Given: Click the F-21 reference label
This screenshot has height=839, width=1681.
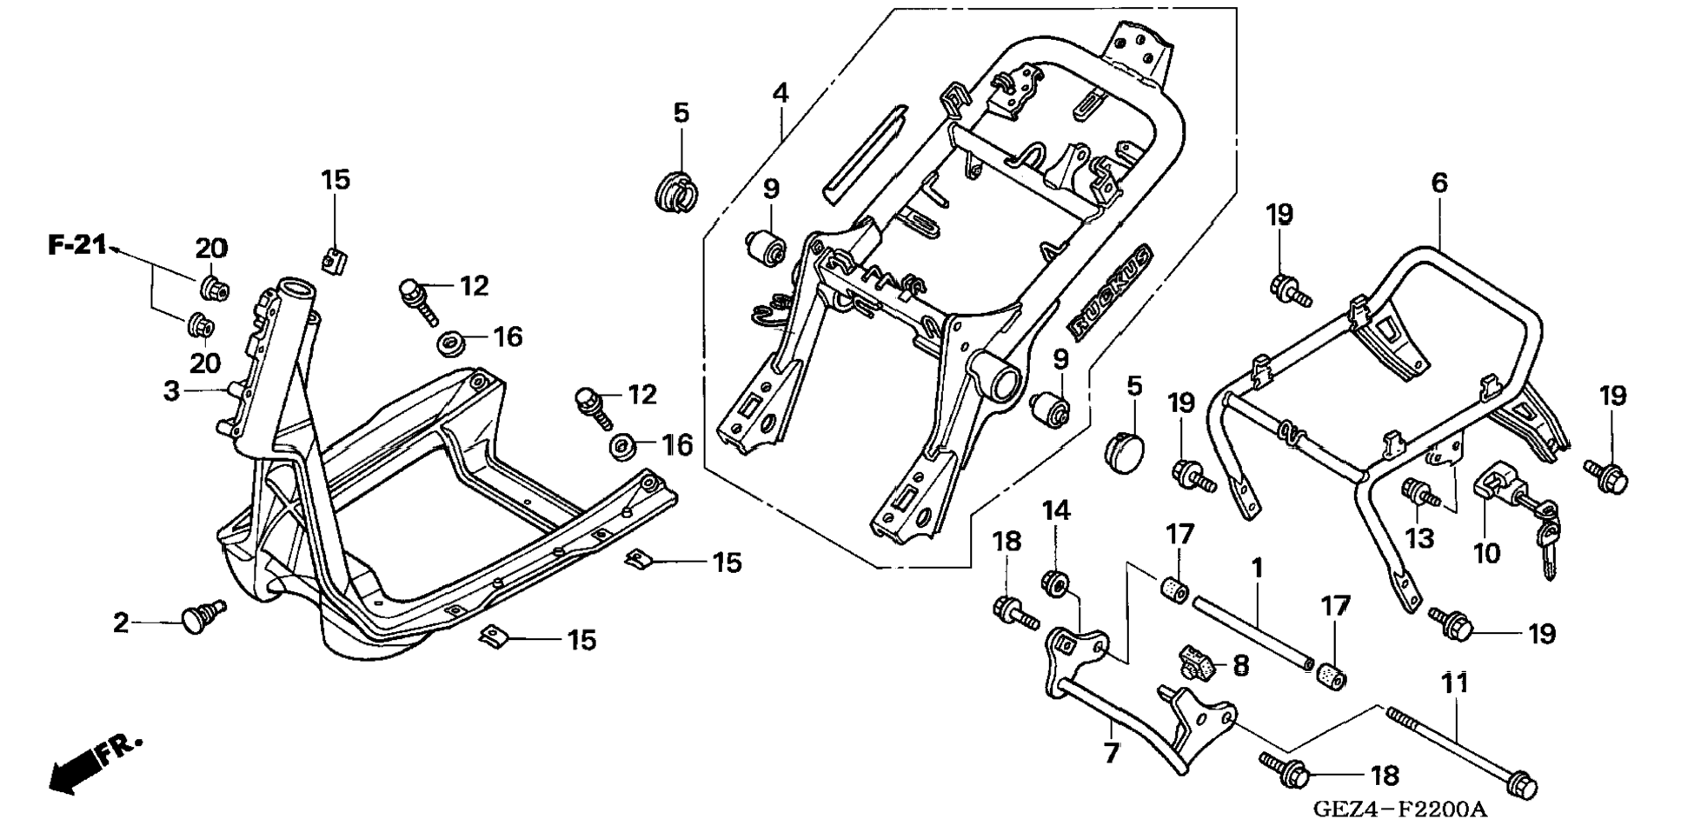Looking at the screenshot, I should click(76, 246).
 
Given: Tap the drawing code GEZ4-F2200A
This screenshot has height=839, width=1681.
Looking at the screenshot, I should click(1399, 810).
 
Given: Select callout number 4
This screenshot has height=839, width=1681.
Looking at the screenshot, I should click(781, 93).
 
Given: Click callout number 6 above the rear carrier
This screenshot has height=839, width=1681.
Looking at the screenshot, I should click(1439, 183).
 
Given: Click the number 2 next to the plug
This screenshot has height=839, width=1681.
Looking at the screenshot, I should click(121, 623).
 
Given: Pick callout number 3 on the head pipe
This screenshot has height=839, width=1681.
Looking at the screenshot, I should click(171, 391).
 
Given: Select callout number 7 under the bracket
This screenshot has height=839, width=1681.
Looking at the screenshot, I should click(1112, 752).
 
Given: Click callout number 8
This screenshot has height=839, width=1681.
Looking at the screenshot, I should click(1240, 667).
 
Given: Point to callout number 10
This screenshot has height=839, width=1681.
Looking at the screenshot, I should click(1486, 552).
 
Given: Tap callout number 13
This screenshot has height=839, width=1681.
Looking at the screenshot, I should click(1419, 539).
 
